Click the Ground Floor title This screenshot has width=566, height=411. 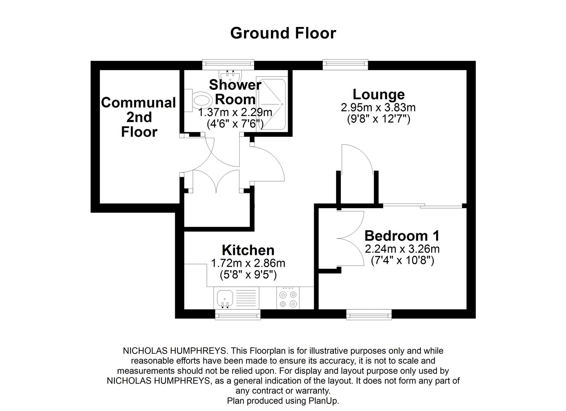283,33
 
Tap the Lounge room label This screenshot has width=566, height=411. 378,94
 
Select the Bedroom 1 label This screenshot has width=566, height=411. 402,236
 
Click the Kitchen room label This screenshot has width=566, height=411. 248,250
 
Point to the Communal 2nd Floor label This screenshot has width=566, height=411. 139,117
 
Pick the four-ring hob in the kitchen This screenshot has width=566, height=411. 288,298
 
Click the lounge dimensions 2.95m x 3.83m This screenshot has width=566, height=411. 378,108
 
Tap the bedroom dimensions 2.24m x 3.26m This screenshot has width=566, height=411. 402,249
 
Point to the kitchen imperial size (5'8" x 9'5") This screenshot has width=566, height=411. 248,274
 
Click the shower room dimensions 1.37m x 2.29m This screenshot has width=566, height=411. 235,113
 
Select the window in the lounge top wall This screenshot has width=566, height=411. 345,65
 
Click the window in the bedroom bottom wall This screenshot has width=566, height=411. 369,314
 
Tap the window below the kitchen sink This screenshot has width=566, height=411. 238,314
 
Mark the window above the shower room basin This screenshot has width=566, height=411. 228,64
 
